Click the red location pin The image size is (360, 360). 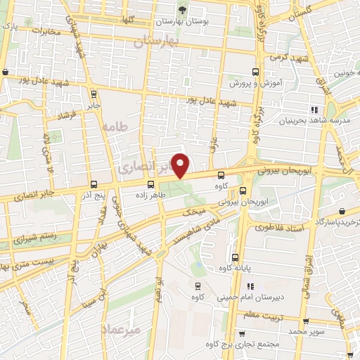[x=181, y=166]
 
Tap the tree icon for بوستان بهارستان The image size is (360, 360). [x=183, y=9]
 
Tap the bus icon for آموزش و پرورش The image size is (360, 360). [x=255, y=72]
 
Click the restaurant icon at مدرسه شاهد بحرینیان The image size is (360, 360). [x=314, y=109]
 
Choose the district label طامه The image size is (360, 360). [x=112, y=127]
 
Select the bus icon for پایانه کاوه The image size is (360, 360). [x=236, y=256]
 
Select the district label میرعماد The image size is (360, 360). [x=122, y=329]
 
